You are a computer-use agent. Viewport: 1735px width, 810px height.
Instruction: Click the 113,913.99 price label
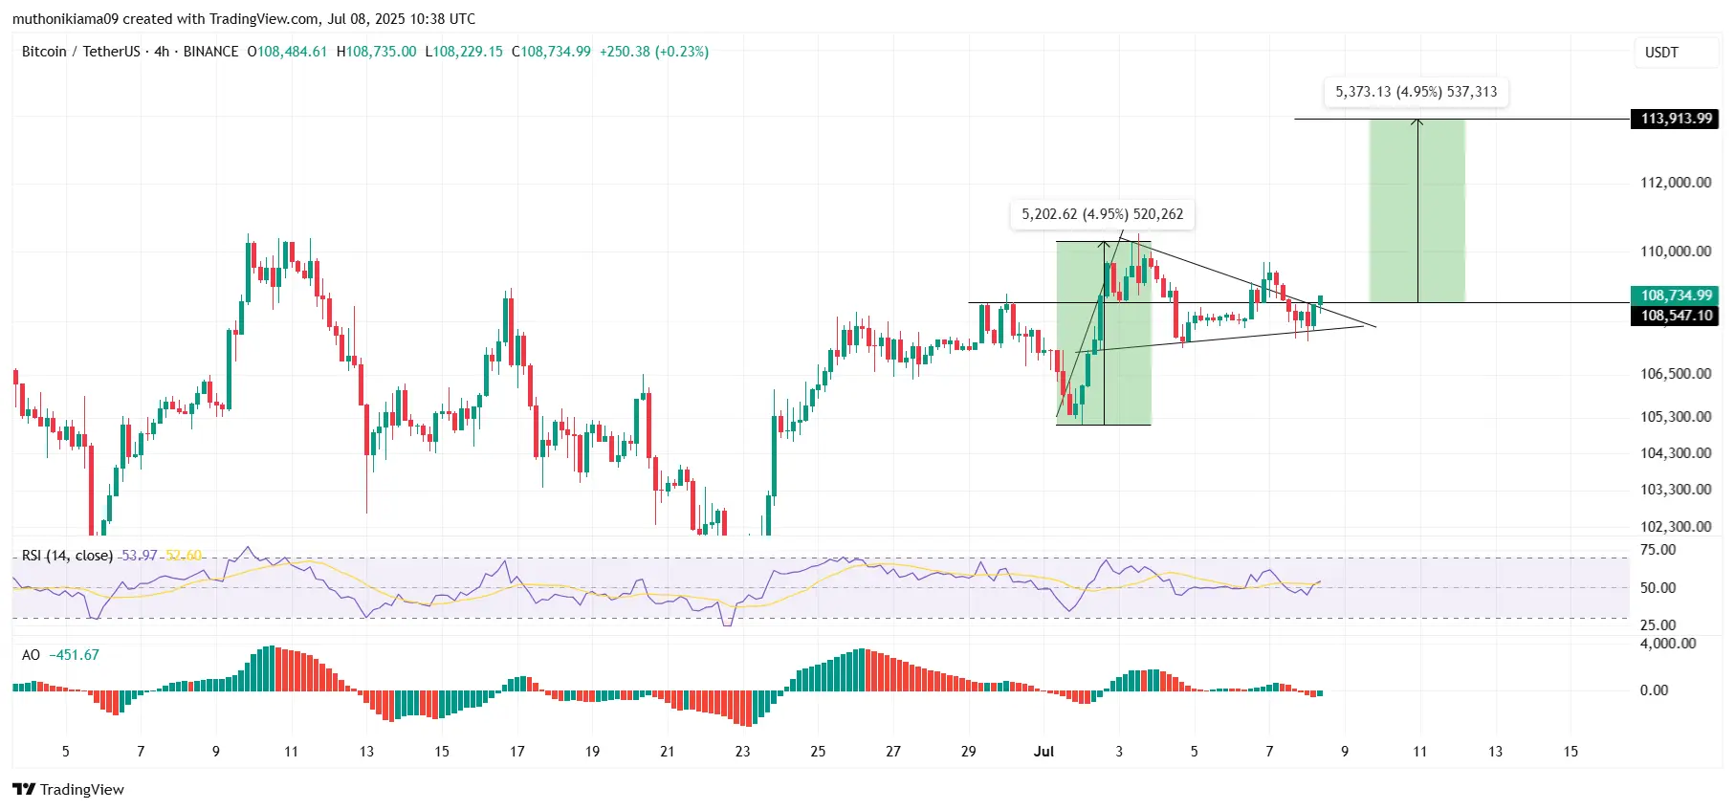click(1676, 119)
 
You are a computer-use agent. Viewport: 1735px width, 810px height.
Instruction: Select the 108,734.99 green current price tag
click(1676, 296)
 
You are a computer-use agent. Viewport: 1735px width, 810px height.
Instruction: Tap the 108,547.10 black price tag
click(1676, 316)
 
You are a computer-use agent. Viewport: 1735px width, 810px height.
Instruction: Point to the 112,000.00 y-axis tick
click(1676, 183)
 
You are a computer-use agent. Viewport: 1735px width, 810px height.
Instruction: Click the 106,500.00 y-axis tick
click(1676, 374)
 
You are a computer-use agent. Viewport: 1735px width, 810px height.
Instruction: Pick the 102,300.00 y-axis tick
click(1676, 526)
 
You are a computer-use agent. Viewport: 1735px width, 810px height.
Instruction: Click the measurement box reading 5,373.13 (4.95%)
click(1416, 92)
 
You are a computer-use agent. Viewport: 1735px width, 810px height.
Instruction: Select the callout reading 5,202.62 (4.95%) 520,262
click(1102, 214)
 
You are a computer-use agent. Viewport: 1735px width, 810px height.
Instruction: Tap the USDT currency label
click(1661, 53)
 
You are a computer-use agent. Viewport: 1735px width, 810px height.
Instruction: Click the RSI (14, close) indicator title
click(67, 556)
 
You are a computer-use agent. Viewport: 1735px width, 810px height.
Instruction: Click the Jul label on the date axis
click(1043, 752)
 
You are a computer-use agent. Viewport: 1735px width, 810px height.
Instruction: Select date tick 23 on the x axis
click(742, 752)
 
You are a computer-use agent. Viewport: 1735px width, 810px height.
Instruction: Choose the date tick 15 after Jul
click(1570, 752)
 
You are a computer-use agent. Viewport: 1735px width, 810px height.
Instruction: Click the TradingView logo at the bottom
click(69, 789)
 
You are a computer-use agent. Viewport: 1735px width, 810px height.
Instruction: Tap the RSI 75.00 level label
click(1658, 550)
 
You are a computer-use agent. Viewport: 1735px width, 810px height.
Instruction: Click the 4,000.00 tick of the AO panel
click(1668, 644)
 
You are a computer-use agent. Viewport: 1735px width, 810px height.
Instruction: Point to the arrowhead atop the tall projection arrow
click(1417, 121)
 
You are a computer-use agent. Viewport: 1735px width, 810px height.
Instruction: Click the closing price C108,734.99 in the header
click(551, 52)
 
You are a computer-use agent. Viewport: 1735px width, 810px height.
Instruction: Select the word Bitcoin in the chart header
click(44, 52)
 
